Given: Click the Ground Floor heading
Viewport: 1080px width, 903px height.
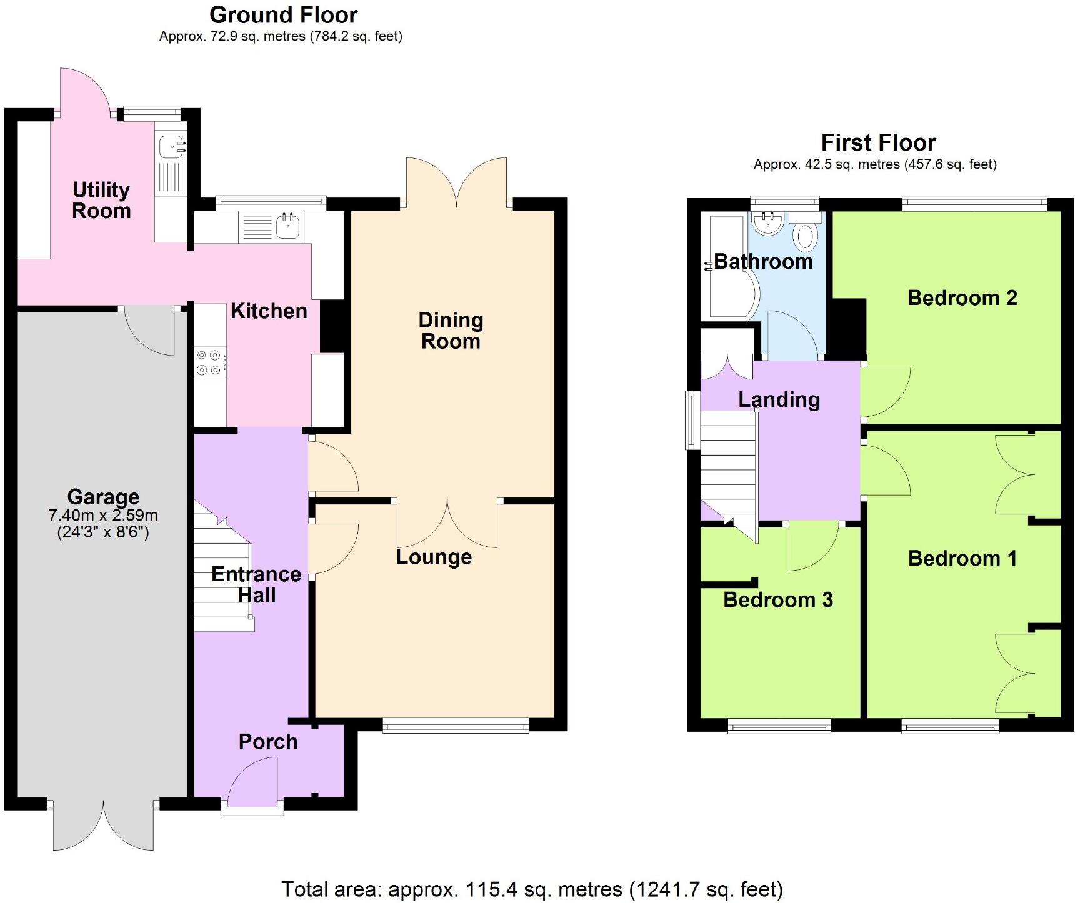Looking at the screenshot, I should click(283, 15).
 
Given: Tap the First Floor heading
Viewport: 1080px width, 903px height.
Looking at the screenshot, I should click(877, 143).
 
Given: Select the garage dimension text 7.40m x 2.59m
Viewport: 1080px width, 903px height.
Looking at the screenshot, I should click(103, 516).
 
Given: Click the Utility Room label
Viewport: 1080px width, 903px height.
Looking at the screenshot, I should click(101, 200).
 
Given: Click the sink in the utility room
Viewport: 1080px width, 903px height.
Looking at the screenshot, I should click(171, 147).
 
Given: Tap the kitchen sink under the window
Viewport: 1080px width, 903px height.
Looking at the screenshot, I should click(288, 226).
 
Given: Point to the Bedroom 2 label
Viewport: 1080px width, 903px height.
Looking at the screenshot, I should click(962, 298).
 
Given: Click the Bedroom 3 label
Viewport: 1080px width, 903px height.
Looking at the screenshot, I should click(777, 600).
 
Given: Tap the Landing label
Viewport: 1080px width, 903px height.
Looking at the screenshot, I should click(779, 400).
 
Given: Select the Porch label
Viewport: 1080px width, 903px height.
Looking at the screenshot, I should click(268, 742).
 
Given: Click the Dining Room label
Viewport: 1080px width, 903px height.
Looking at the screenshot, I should click(451, 331).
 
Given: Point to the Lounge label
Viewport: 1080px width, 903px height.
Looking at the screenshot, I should click(434, 557).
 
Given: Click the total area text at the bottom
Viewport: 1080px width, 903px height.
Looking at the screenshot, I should click(532, 889).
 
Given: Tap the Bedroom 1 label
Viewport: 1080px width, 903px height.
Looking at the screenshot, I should click(962, 558).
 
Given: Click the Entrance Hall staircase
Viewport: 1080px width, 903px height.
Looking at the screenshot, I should click(222, 575).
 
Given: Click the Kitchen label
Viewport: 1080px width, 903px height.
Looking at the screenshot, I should click(269, 311).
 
